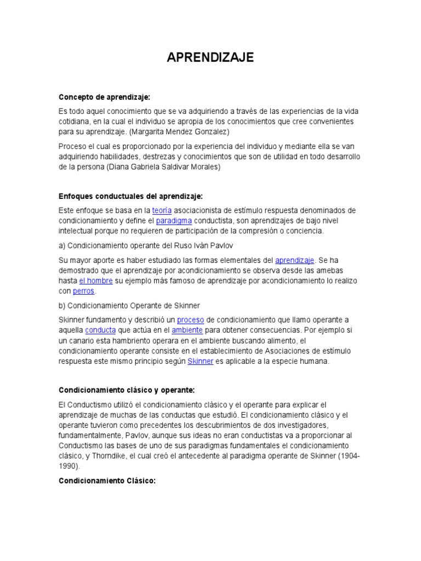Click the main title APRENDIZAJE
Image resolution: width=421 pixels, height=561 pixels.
pos(210,58)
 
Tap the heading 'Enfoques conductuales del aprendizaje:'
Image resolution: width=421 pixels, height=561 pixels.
pos(130,196)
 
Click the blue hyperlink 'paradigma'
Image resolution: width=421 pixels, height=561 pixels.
pos(174,221)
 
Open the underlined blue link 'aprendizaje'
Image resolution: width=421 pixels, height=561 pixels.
pos(294,260)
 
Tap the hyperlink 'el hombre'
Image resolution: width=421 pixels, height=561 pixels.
pos(96,280)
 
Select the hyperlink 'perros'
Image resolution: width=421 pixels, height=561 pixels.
pos(84,291)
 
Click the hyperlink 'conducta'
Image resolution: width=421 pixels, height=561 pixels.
pos(100,330)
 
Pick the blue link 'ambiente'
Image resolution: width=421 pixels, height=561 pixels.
pos(187,330)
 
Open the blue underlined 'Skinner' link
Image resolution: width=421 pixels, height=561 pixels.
pos(200,362)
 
